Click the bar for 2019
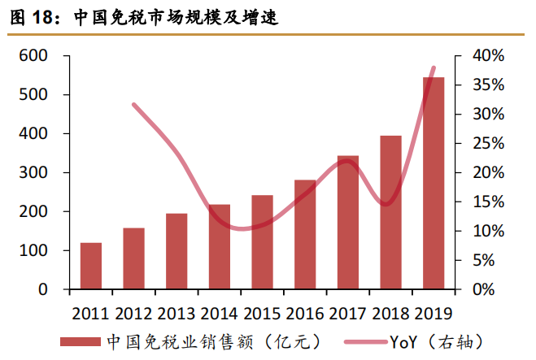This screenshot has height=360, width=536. pos(434,183)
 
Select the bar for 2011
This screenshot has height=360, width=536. pos(91,266)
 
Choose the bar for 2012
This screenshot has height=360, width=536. pos(133,258)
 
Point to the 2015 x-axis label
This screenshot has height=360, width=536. pos(262,313)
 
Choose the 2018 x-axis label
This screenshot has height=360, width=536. pos(390,313)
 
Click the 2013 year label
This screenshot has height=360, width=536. pos(176,313)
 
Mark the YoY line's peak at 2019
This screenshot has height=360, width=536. pos(434,68)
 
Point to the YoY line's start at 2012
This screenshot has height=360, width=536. pos(133,105)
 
